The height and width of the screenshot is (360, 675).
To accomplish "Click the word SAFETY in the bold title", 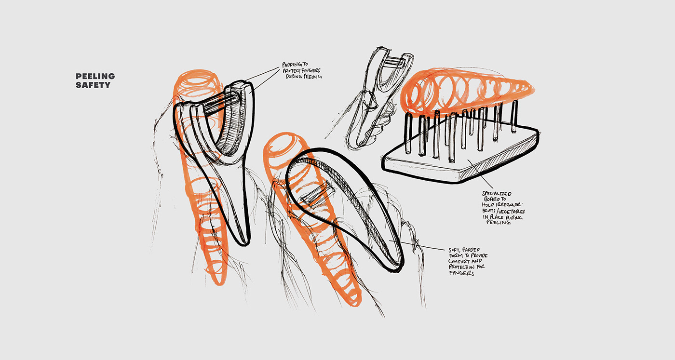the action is point(93,85).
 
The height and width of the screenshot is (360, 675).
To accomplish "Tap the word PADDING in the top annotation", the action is point(289,65).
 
